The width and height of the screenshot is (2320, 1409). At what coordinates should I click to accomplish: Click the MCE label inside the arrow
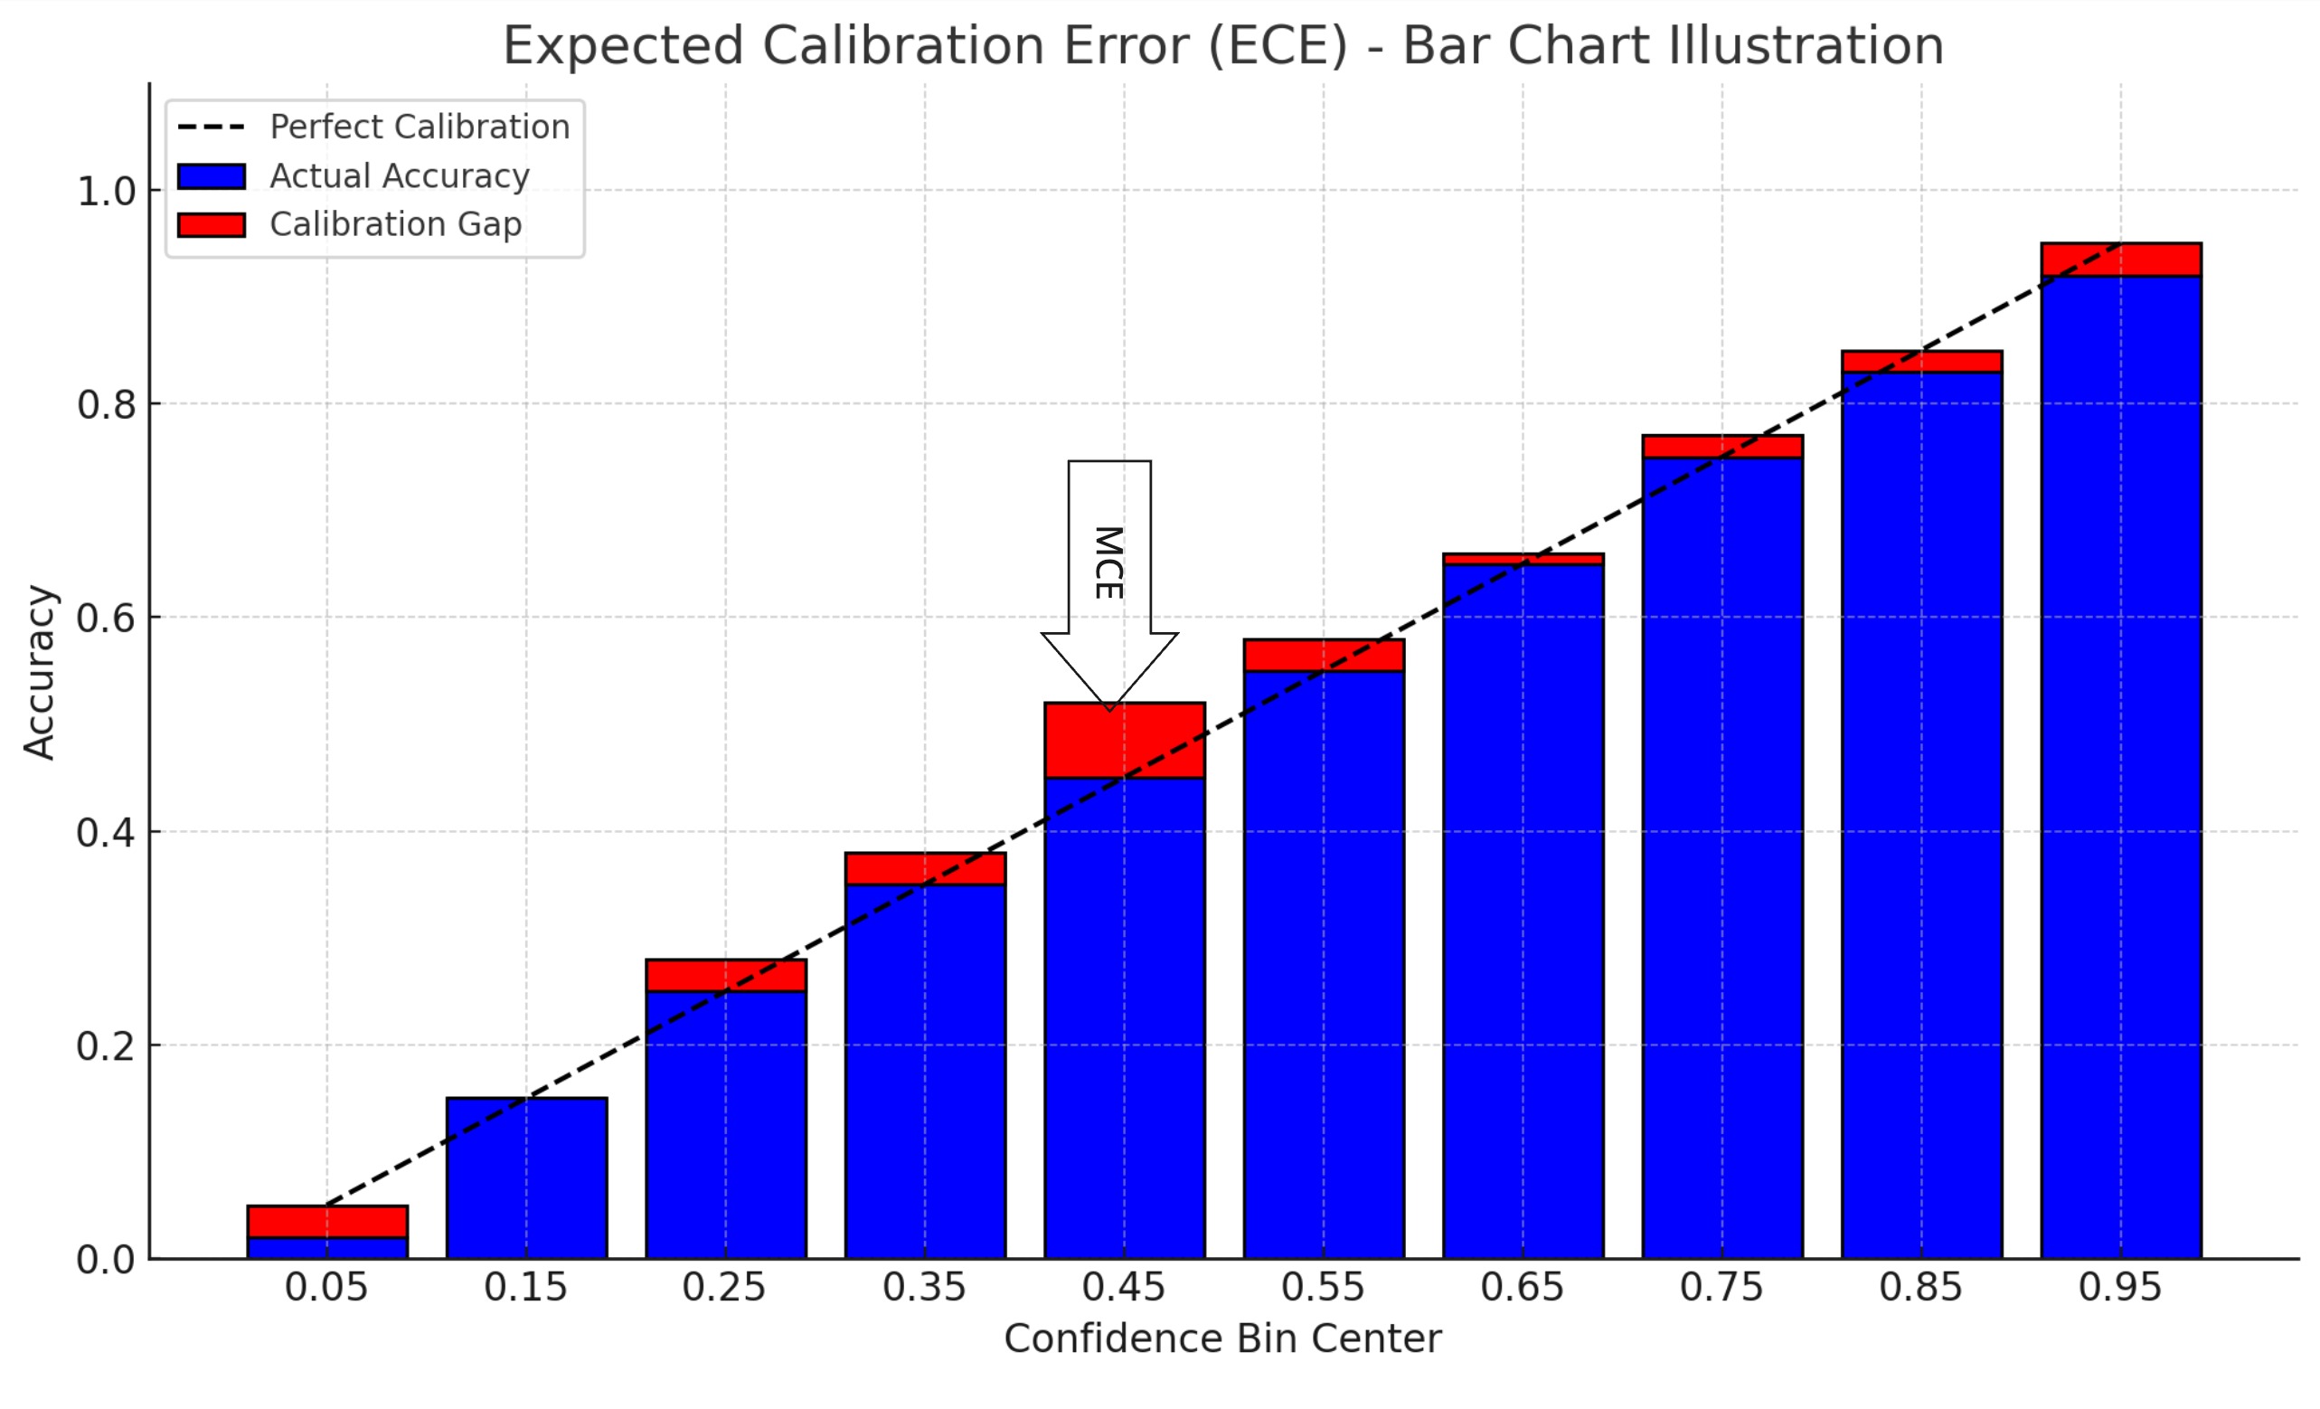1109,563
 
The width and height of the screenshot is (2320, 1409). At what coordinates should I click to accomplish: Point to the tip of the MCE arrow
1110,708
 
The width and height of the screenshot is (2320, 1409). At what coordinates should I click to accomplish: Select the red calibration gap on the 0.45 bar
1124,741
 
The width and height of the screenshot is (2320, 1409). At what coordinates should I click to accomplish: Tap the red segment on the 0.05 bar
326,1222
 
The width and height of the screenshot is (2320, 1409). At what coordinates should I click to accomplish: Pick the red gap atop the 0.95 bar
2120,259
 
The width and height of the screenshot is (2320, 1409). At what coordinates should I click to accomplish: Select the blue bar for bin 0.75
1722,857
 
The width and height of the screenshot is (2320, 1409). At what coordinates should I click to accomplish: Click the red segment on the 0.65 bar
1523,560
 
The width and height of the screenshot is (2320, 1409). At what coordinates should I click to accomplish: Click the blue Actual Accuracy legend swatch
211,176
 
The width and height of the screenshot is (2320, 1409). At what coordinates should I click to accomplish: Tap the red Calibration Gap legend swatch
211,225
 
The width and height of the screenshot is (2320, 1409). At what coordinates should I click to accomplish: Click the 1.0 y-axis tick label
106,191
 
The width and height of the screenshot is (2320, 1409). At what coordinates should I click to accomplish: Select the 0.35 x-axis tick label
924,1288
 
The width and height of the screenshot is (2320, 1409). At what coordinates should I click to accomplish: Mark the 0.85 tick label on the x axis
1920,1288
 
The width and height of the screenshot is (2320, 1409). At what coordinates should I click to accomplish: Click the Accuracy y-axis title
40,672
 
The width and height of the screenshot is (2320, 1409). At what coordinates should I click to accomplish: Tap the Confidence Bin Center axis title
1222,1339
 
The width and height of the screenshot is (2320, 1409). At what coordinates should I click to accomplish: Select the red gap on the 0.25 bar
725,976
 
